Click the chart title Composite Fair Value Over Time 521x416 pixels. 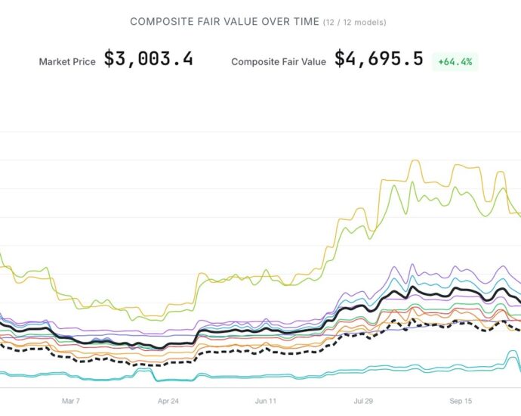click(224, 22)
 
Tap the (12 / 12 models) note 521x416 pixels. click(355, 23)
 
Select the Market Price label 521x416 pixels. click(67, 62)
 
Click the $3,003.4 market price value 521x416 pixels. click(148, 59)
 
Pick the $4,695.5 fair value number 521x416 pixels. click(378, 59)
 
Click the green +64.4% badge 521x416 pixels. click(455, 61)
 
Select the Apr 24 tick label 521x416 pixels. click(168, 401)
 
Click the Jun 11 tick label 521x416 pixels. click(266, 401)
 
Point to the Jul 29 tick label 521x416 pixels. click(364, 401)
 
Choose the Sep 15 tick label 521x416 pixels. click(461, 401)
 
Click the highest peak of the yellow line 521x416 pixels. click(414, 161)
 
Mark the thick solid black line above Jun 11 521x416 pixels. click(266, 332)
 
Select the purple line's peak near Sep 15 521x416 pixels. click(412, 265)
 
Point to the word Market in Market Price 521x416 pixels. click(53, 62)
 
